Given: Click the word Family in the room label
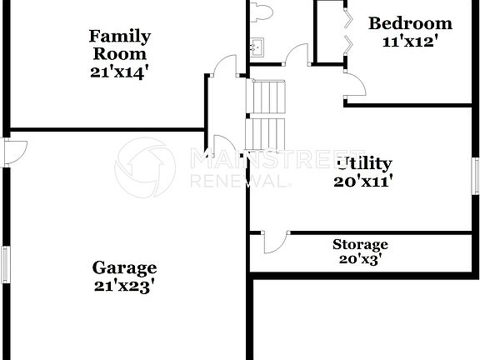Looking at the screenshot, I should coord(120,36).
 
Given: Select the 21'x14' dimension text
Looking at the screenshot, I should coord(120,72).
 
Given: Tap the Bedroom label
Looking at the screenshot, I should coord(410,23).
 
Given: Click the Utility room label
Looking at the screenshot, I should coord(364,163).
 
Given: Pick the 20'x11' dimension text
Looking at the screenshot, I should coord(364,179).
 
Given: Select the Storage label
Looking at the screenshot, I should coord(360,244).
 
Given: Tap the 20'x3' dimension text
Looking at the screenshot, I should coord(360,259).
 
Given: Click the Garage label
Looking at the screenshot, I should coord(124,267).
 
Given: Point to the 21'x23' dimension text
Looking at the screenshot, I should coord(124,286).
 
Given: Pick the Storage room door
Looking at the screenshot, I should coord(274,242).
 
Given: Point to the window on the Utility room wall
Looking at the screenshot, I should coord(476,177).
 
